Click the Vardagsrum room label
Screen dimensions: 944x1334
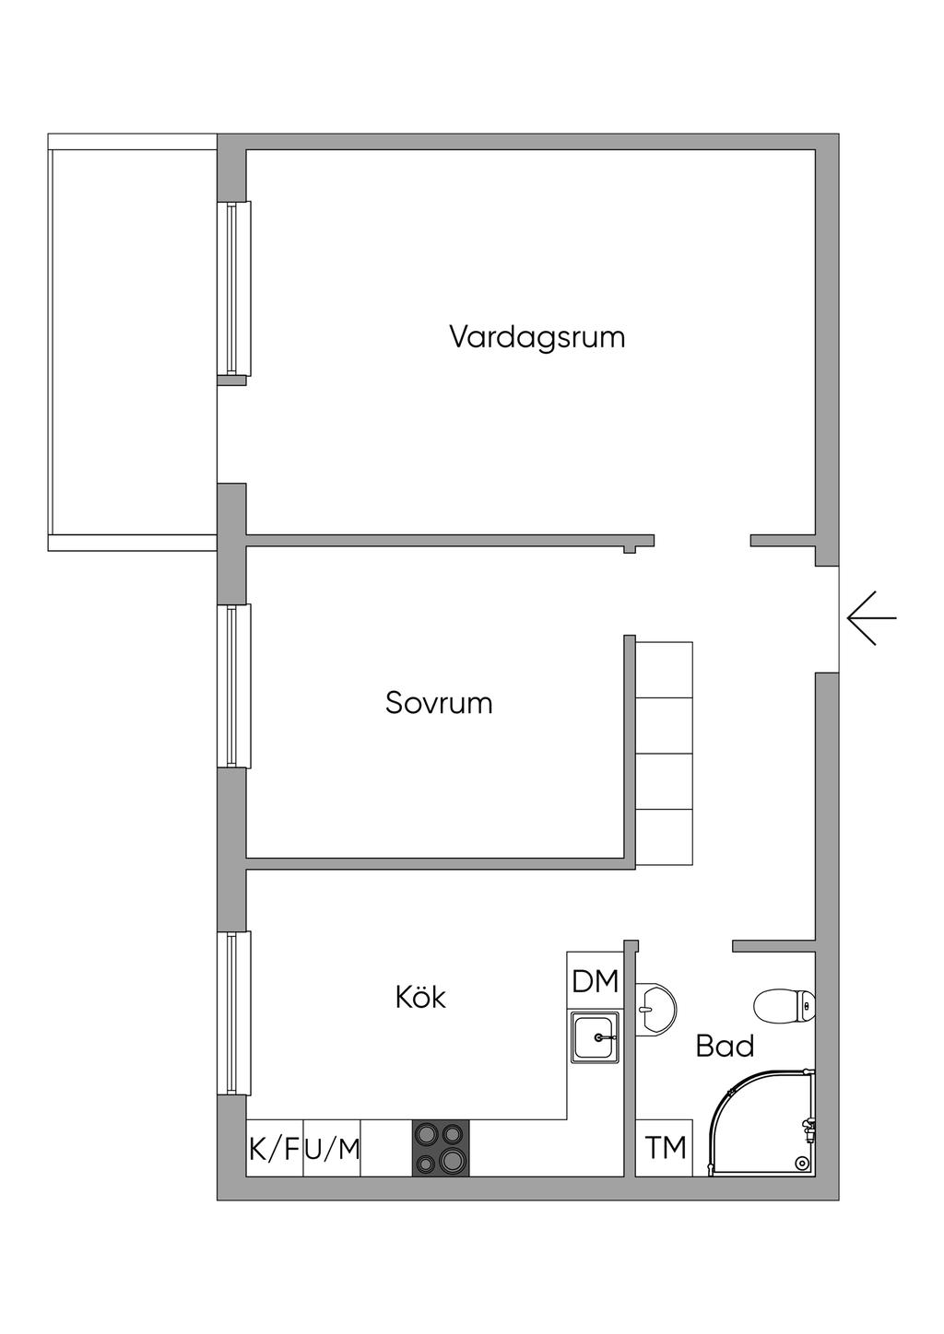(537, 336)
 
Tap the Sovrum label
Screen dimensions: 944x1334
(439, 703)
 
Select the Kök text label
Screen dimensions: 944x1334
(420, 997)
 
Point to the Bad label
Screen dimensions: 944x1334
(725, 1046)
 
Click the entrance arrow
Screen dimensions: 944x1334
(871, 617)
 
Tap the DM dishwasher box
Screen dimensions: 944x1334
(595, 981)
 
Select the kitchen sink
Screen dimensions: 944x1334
(596, 1036)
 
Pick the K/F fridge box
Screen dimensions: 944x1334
(275, 1149)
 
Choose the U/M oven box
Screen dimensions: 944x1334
(332, 1149)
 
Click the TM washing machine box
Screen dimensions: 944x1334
(665, 1148)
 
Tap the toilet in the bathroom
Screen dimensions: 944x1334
(785, 1007)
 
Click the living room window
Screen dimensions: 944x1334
(233, 287)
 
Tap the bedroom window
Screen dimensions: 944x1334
(233, 685)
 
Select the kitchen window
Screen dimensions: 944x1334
(233, 1012)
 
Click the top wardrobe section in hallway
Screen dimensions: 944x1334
(665, 670)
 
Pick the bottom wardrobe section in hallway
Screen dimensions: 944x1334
(665, 837)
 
